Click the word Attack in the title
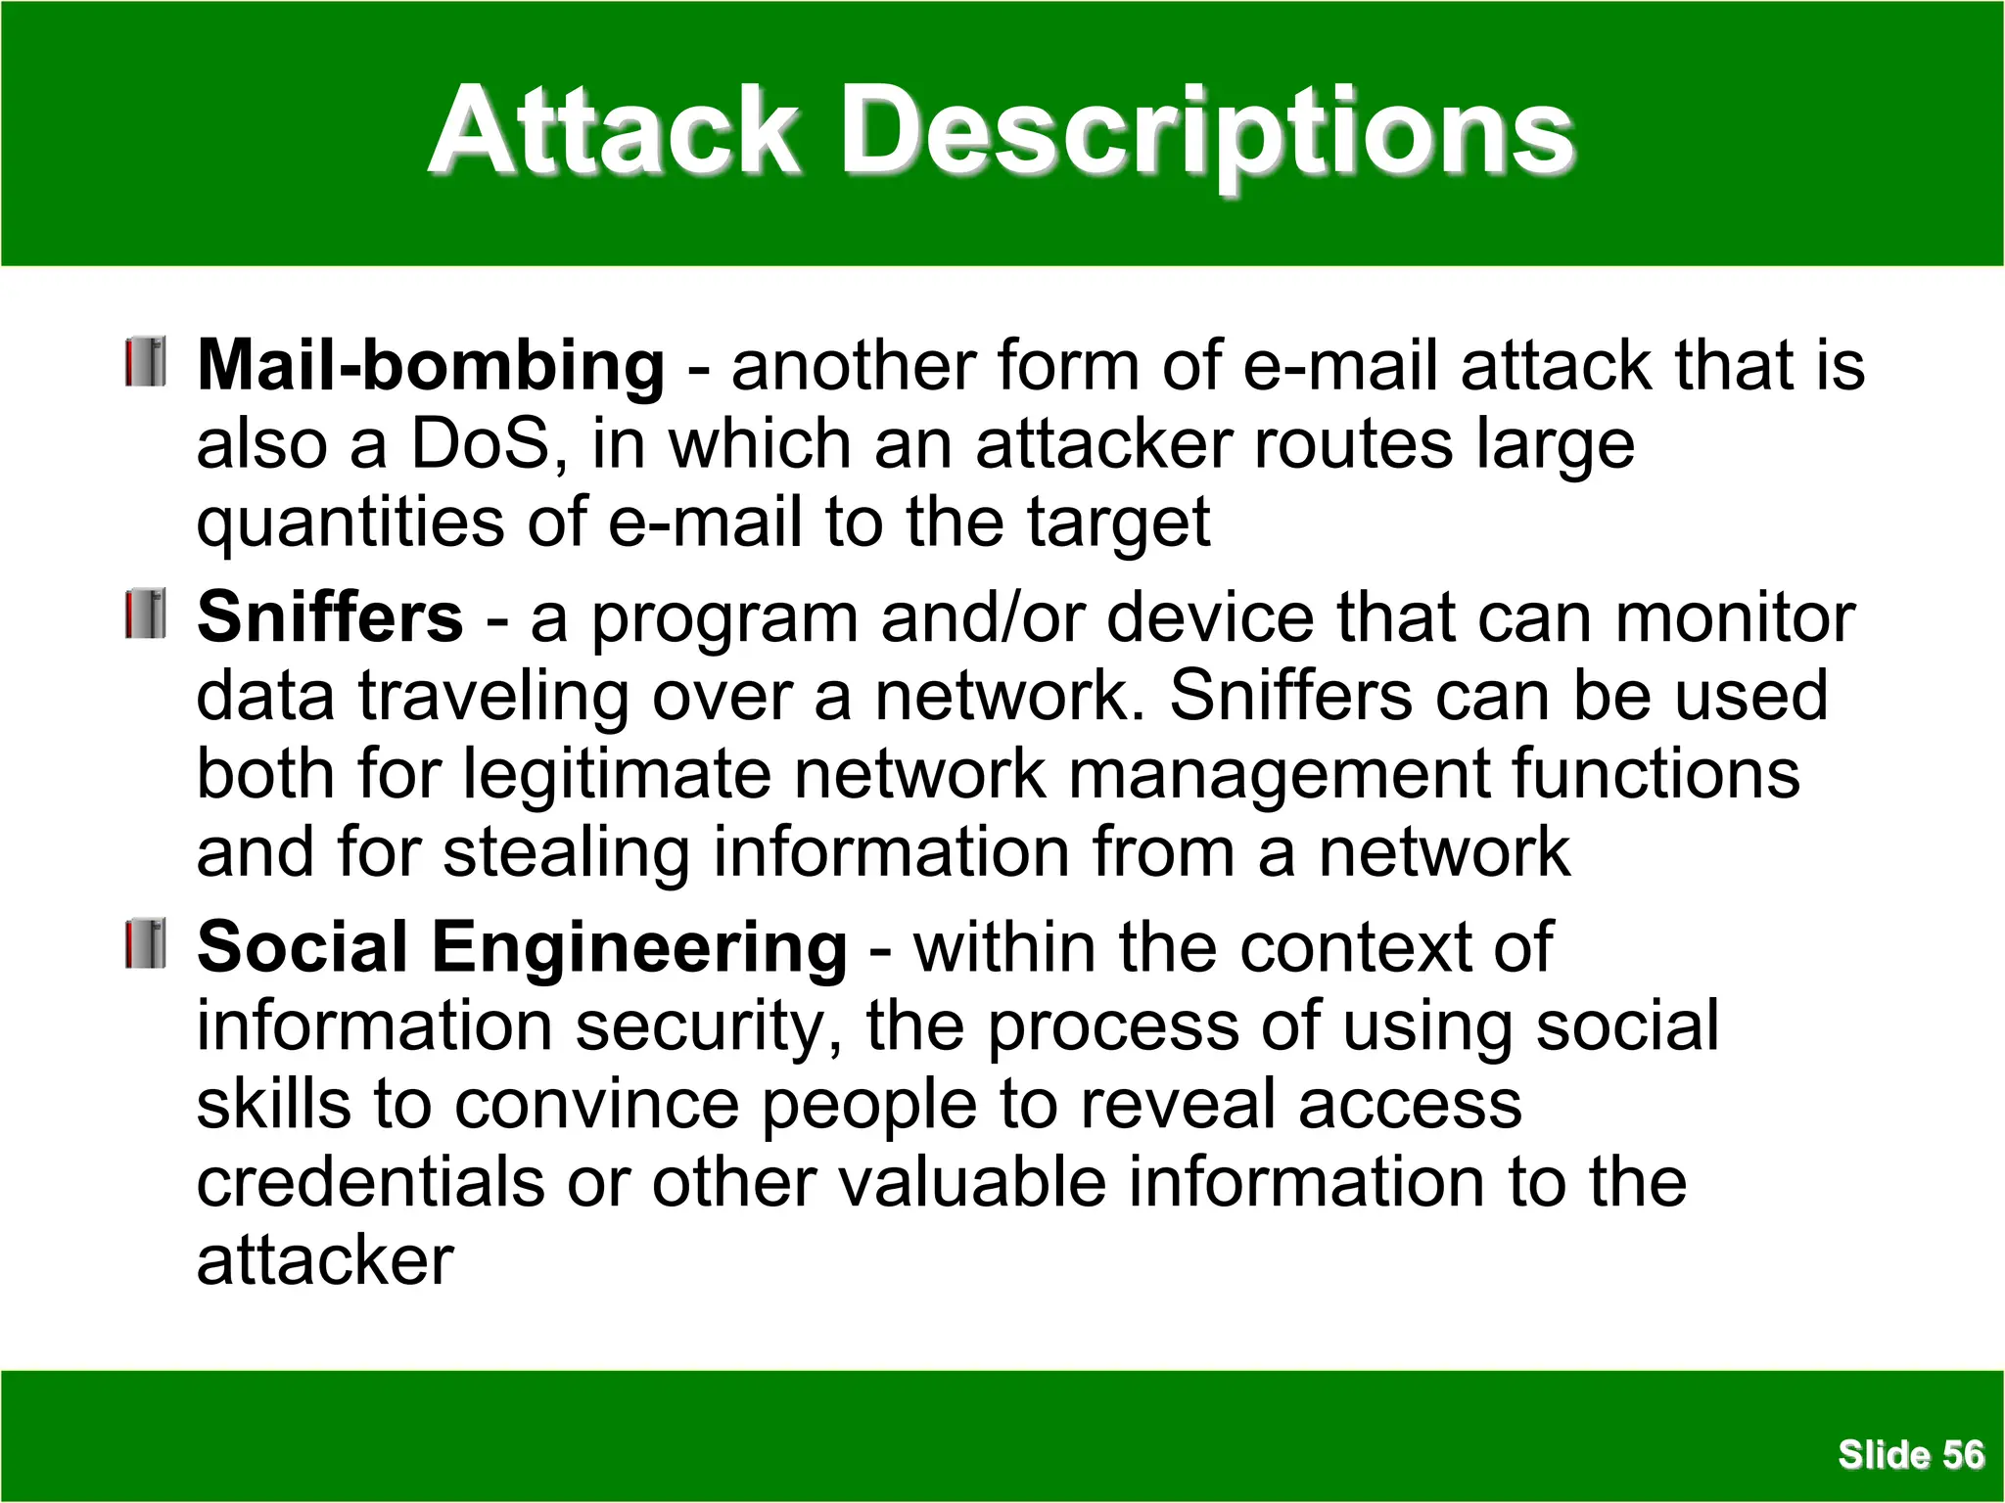click(615, 132)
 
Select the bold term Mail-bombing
click(431, 366)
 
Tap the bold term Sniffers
click(330, 617)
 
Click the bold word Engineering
click(639, 948)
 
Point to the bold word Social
click(303, 948)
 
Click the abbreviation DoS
click(481, 444)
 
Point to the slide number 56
click(1963, 1455)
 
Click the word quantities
click(350, 524)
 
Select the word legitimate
click(617, 775)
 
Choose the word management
click(1278, 775)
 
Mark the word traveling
click(493, 697)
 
